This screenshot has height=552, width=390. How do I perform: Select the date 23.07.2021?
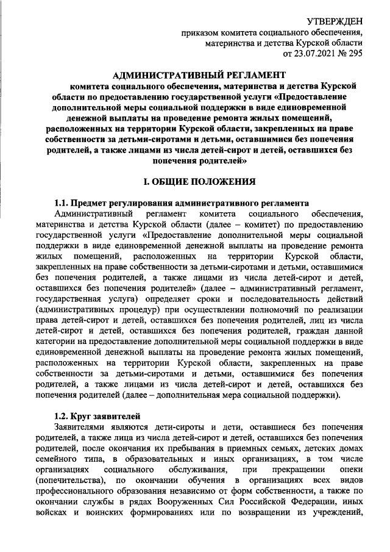[316, 54]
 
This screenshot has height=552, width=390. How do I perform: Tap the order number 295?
[355, 54]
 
